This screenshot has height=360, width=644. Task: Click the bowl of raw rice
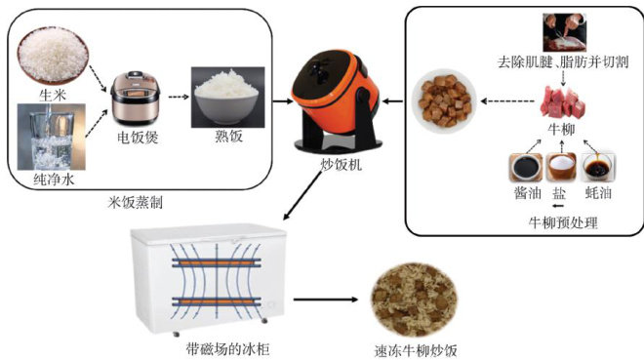point(53,56)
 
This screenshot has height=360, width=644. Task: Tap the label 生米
point(53,96)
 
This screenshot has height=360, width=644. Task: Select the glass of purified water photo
point(52,137)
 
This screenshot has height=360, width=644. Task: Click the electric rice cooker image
point(135,99)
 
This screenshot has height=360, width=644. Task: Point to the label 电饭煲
point(138,138)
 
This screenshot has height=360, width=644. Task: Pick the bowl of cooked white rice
point(228,98)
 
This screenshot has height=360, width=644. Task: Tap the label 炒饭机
point(341,164)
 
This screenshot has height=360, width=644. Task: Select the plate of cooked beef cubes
point(444,100)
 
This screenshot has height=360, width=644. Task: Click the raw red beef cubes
point(563,102)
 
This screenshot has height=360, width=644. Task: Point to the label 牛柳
point(561,129)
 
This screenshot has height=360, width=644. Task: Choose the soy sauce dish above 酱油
point(526,168)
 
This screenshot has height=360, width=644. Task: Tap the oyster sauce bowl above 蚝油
point(599,167)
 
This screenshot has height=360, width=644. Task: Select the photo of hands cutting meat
point(564,32)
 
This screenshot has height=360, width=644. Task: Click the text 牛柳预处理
point(563,222)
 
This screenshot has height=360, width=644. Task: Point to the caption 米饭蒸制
point(136,202)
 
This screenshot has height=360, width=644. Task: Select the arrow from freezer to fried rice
point(326,300)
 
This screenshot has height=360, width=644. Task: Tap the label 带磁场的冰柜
point(228,349)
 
